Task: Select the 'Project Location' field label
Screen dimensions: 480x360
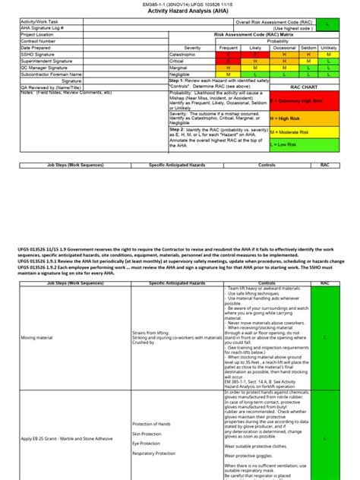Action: [x=38, y=34]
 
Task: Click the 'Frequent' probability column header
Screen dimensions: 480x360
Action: [x=228, y=47]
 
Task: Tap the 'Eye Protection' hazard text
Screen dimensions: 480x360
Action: [x=147, y=444]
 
